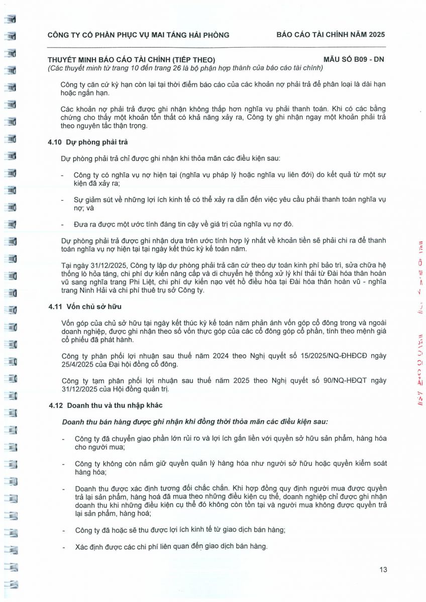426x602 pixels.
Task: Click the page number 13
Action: point(383,569)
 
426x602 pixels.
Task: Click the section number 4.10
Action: point(54,142)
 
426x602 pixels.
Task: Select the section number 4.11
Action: point(54,306)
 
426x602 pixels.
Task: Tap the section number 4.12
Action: point(55,405)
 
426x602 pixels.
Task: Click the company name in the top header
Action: point(138,35)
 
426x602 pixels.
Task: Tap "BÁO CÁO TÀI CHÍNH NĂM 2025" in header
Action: point(331,35)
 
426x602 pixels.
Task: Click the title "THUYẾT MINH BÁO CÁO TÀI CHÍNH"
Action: point(131,60)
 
